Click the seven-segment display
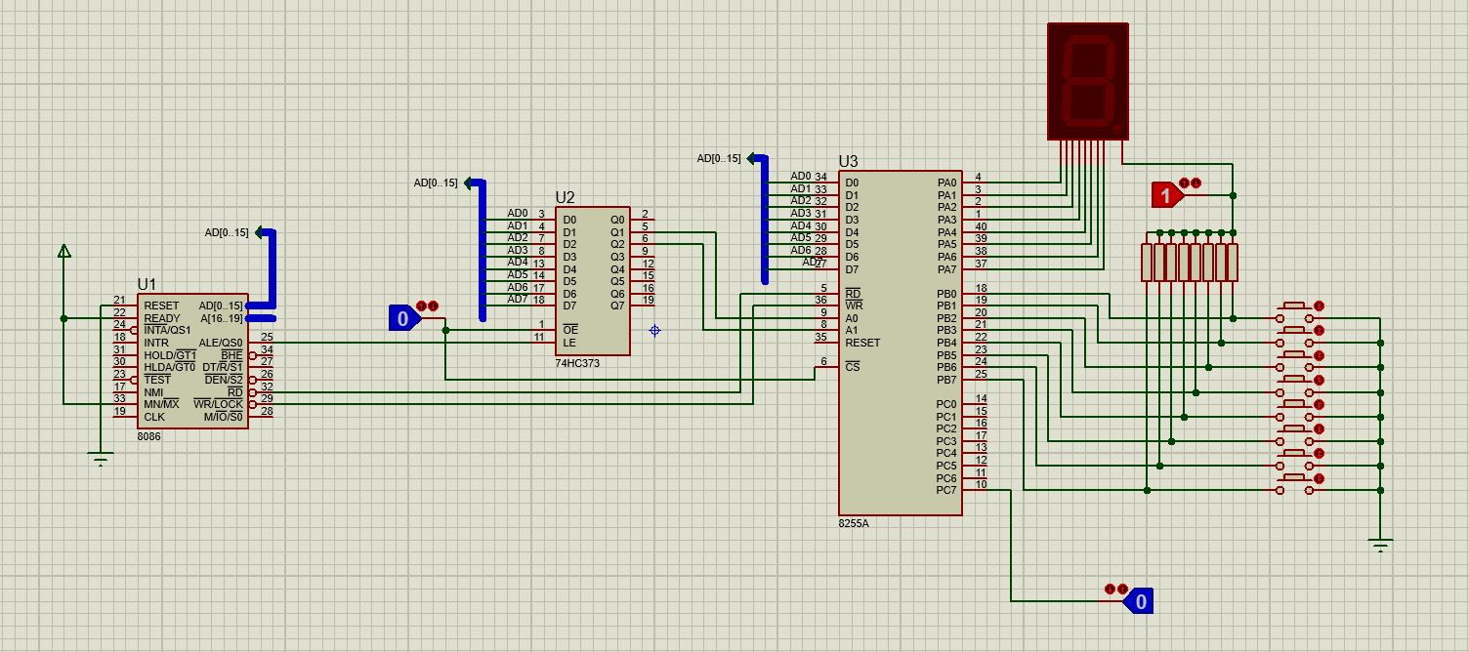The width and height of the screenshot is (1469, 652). pyautogui.click(x=1088, y=81)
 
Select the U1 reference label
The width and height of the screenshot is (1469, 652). pyautogui.click(x=147, y=284)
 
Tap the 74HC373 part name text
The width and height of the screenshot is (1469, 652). pyautogui.click(x=577, y=363)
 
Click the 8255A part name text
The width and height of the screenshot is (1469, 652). pyautogui.click(x=854, y=523)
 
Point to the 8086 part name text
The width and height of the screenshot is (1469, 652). pyautogui.click(x=149, y=436)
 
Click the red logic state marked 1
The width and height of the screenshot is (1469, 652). pyautogui.click(x=1166, y=195)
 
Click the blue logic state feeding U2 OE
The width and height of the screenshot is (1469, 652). pyautogui.click(x=403, y=318)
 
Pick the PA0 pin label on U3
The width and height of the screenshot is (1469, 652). pyautogui.click(x=946, y=183)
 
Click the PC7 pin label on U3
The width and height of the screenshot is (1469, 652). pyautogui.click(x=946, y=490)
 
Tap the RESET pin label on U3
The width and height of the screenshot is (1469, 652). pyautogui.click(x=862, y=343)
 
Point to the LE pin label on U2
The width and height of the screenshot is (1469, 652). pyautogui.click(x=568, y=343)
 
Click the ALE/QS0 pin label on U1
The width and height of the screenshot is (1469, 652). pyautogui.click(x=221, y=343)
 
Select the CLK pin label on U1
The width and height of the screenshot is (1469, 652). pyautogui.click(x=154, y=417)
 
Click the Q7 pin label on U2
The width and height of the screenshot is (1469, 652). pyautogui.click(x=616, y=306)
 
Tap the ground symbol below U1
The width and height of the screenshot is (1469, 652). pyautogui.click(x=100, y=458)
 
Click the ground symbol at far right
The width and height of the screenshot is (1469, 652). pyautogui.click(x=1380, y=545)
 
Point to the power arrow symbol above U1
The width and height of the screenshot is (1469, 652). pyautogui.click(x=63, y=251)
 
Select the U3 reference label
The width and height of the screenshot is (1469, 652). pyautogui.click(x=848, y=161)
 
